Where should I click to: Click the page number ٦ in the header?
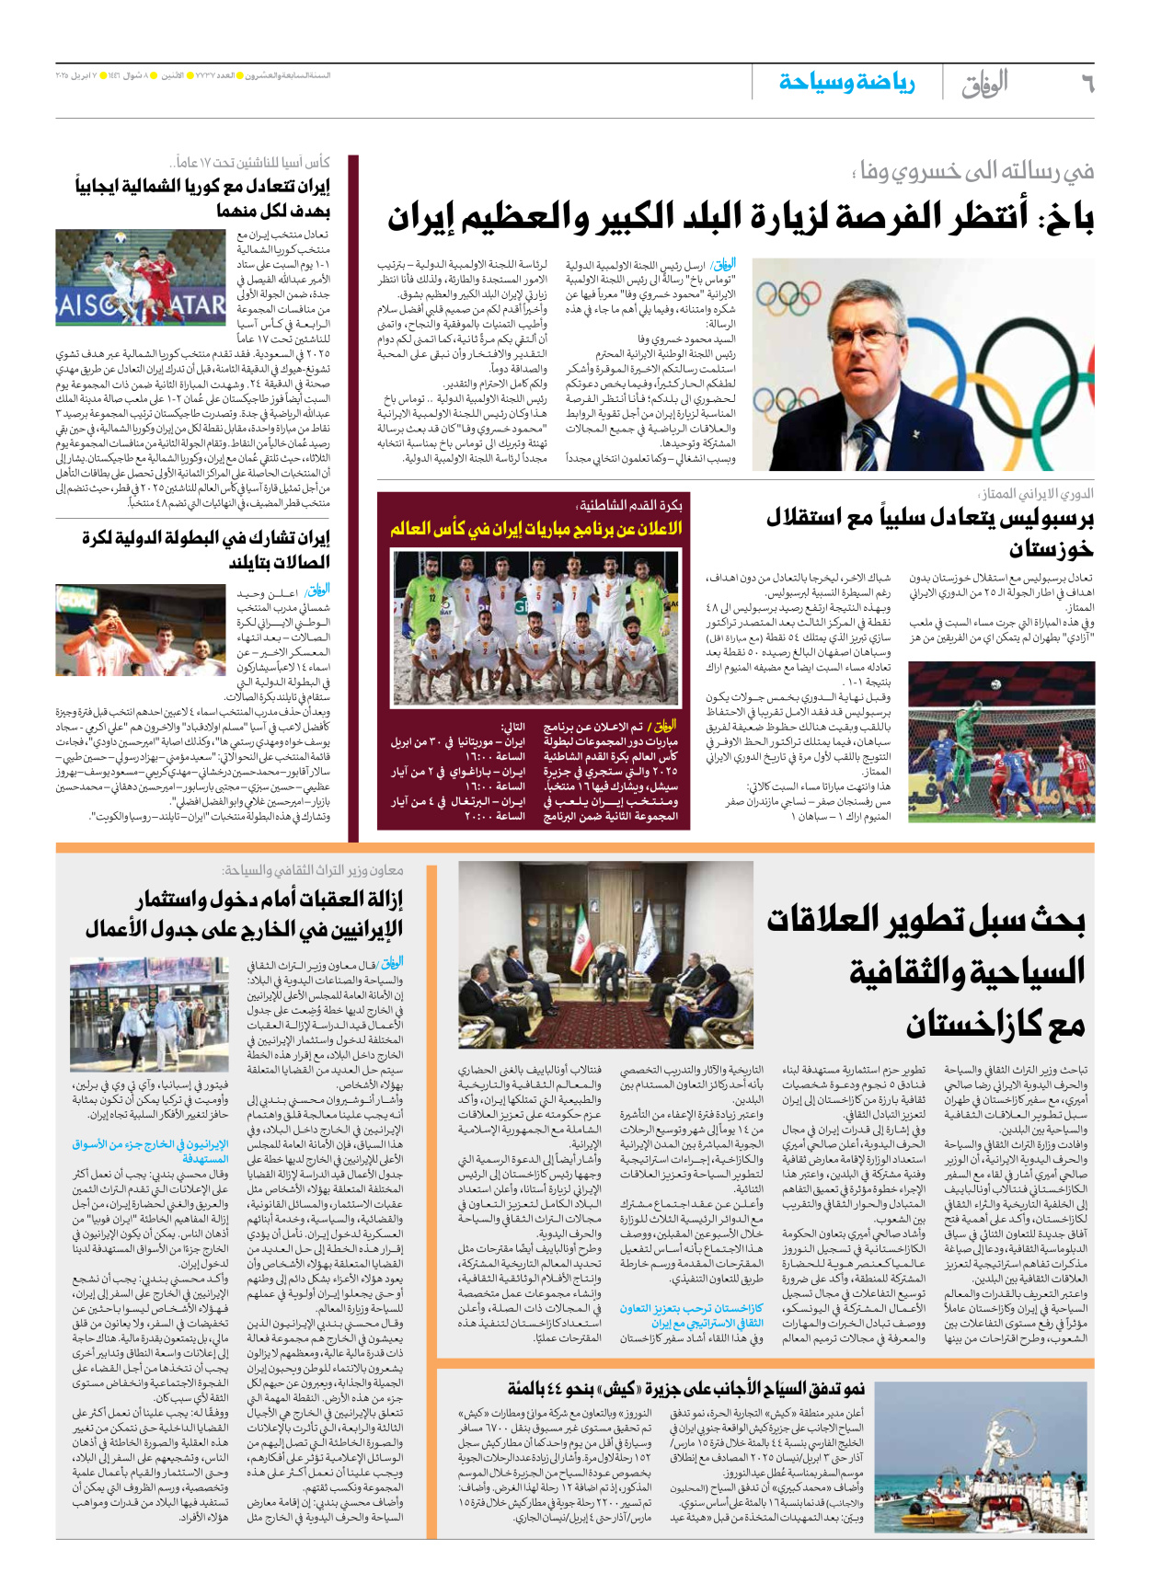click(x=1087, y=84)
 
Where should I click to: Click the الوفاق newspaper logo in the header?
click(x=984, y=84)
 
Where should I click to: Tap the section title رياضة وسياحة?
click(x=846, y=82)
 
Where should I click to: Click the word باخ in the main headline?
click(x=1067, y=218)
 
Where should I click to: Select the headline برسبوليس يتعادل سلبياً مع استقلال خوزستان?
click(x=929, y=533)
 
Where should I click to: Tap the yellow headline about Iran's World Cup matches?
click(x=535, y=529)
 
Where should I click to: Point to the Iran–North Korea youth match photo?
click(x=141, y=277)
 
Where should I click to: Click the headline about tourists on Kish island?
click(x=686, y=1388)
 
